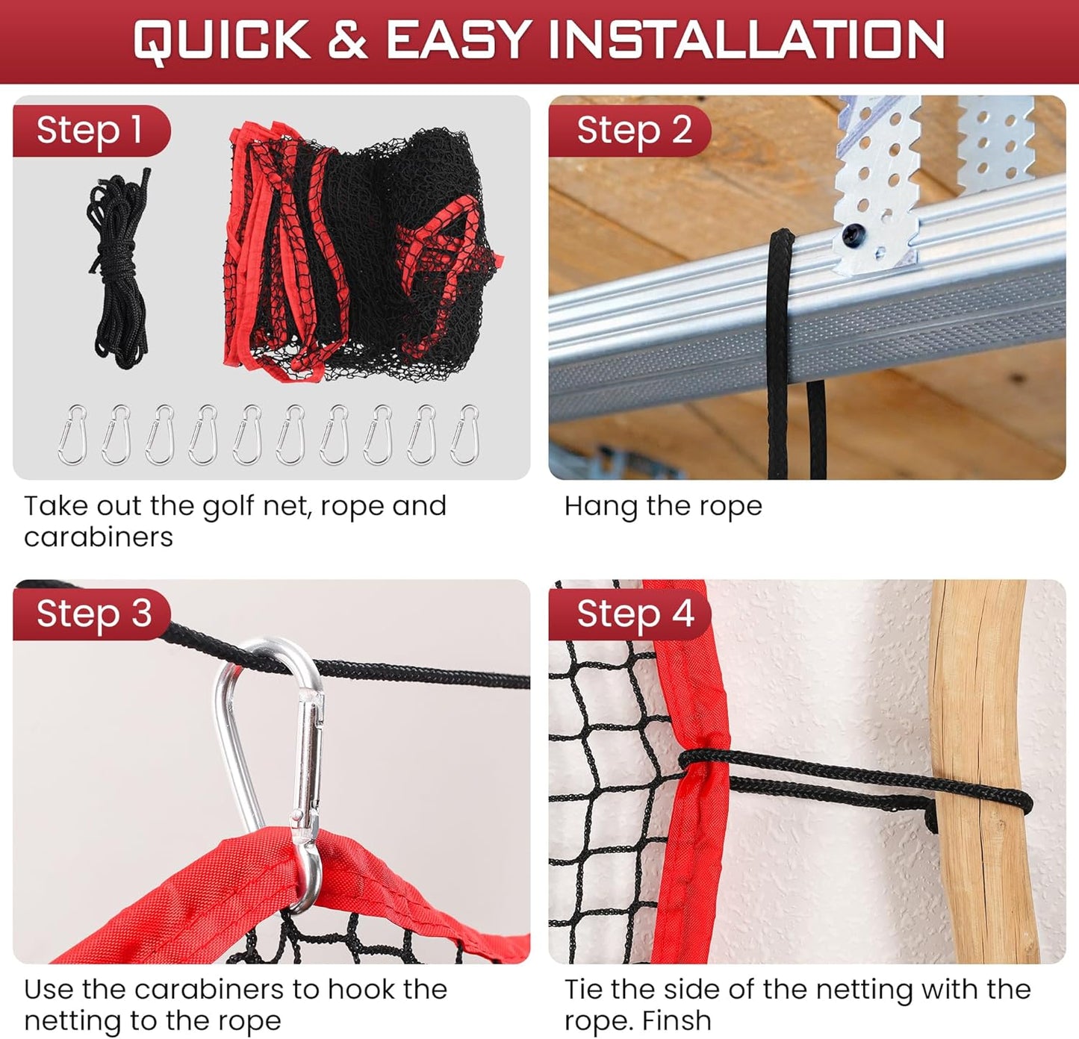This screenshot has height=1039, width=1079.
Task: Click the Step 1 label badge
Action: pos(90,131)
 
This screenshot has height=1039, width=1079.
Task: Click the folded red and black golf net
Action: pos(358,254)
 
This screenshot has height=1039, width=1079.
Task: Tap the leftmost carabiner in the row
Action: pos(72,434)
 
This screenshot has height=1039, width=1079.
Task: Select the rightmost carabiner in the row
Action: pos(465,434)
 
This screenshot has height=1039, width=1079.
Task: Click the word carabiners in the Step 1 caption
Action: pos(99,537)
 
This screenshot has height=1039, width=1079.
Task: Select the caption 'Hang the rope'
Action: pos(663,506)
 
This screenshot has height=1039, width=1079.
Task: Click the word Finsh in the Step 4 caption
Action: pos(675,1020)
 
